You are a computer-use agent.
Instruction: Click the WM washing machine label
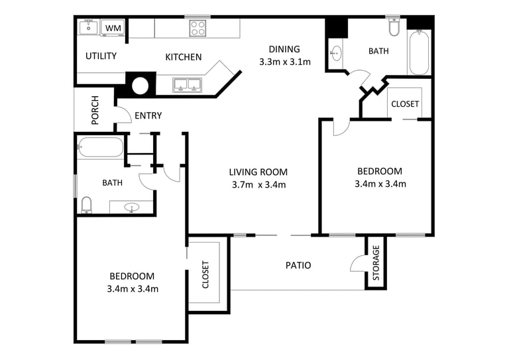click(113, 28)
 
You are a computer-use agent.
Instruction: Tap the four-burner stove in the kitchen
click(198, 28)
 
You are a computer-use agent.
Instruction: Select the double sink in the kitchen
click(188, 85)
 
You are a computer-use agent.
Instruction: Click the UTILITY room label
click(101, 56)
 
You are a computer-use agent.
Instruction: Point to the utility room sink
click(88, 27)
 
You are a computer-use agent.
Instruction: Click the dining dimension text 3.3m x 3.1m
click(285, 62)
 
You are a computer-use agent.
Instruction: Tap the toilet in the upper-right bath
click(394, 27)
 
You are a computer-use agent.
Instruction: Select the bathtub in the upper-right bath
click(419, 52)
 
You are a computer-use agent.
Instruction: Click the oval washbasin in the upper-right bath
click(335, 52)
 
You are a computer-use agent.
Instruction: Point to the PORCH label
click(95, 110)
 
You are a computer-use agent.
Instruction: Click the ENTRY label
click(148, 115)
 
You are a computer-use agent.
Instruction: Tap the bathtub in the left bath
click(101, 147)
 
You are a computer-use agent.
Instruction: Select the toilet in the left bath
click(86, 205)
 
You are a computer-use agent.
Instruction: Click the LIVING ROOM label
click(258, 172)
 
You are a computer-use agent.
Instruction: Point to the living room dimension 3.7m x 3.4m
click(258, 185)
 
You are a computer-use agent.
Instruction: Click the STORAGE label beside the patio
click(376, 263)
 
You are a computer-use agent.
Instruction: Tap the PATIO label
click(298, 265)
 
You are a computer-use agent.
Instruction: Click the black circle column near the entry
click(140, 86)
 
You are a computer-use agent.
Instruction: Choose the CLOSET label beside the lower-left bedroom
click(205, 274)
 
